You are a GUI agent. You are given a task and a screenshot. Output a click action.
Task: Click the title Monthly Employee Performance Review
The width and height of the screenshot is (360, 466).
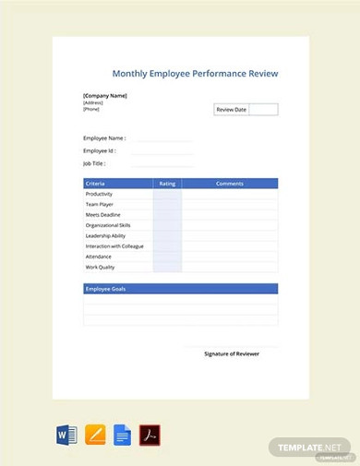coord(195,74)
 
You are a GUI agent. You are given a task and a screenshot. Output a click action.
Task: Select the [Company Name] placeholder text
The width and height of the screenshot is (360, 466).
coord(105,95)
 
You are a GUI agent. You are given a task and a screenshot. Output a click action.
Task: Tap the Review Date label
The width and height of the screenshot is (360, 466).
coord(231,110)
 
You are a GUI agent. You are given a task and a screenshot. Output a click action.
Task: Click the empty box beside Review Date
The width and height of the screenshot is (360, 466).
coord(263,110)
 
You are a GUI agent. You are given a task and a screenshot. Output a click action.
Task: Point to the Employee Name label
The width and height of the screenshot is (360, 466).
coord(104,137)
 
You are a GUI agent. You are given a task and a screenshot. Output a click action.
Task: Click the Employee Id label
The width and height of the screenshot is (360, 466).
coord(99,150)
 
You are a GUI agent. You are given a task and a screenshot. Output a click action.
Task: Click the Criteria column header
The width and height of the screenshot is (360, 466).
coord(95,184)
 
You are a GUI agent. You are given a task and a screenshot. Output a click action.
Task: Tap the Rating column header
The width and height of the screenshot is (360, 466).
coord(167,184)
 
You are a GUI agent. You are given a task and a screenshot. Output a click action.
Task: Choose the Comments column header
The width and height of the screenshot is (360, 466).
coord(230,184)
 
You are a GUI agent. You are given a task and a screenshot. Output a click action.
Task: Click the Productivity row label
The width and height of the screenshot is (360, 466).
coord(99,194)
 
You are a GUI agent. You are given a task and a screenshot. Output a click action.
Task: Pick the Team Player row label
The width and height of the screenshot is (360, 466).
coord(99,204)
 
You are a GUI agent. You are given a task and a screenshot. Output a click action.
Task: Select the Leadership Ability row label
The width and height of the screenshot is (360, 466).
coord(105,235)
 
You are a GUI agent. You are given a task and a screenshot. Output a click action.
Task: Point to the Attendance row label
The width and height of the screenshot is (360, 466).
coord(99,257)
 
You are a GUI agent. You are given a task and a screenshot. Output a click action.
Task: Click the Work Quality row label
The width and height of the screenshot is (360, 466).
coord(100,267)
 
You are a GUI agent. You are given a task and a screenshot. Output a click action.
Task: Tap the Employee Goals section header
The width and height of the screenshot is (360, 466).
coord(106,289)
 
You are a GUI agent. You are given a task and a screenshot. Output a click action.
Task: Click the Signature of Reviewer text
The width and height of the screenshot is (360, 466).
coord(232,353)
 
